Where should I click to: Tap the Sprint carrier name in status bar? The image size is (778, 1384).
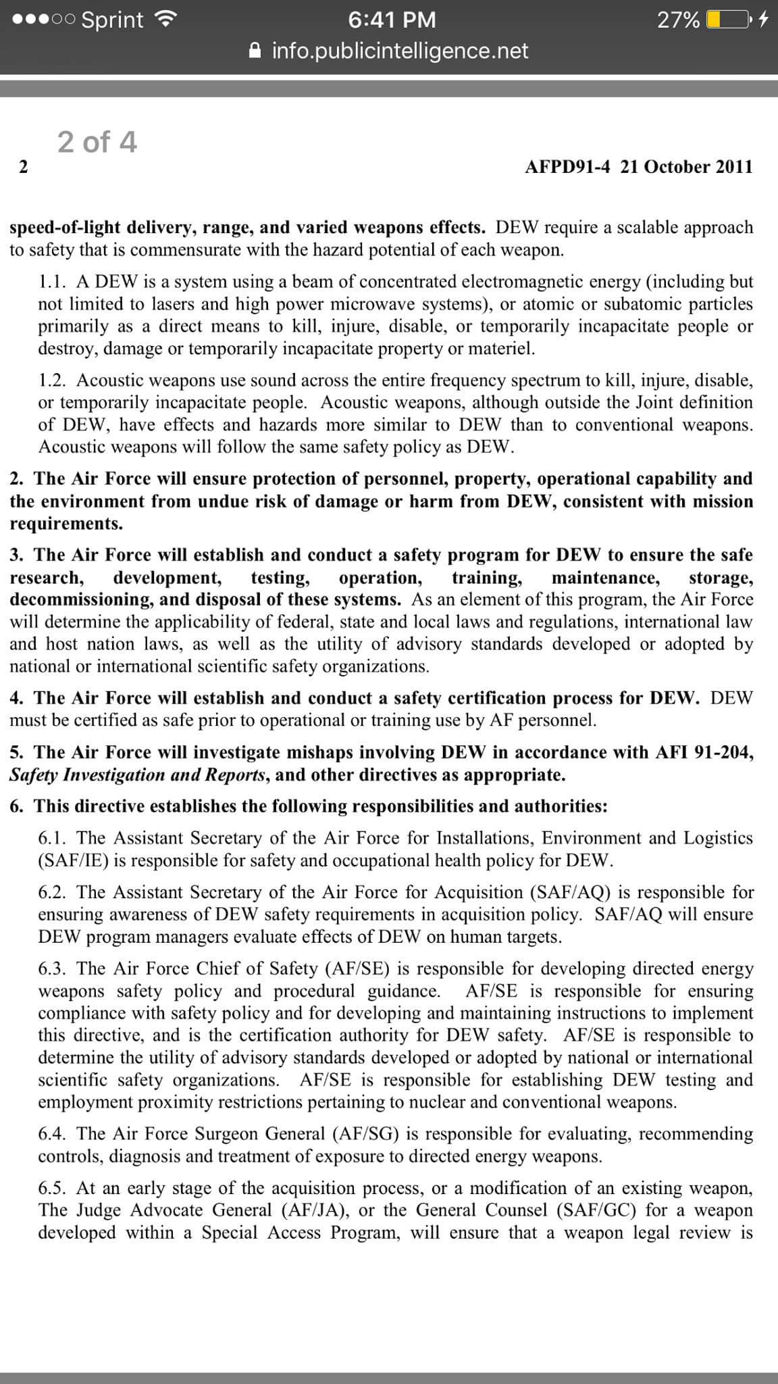click(x=112, y=20)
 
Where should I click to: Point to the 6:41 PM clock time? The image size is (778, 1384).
click(x=392, y=20)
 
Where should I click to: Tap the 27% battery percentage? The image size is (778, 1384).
click(x=678, y=20)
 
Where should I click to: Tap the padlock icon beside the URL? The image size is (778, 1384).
click(x=255, y=51)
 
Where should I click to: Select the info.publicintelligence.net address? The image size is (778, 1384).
click(x=400, y=51)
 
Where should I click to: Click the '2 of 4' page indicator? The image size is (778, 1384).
click(x=97, y=142)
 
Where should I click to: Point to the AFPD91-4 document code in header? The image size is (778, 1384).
click(x=567, y=167)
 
